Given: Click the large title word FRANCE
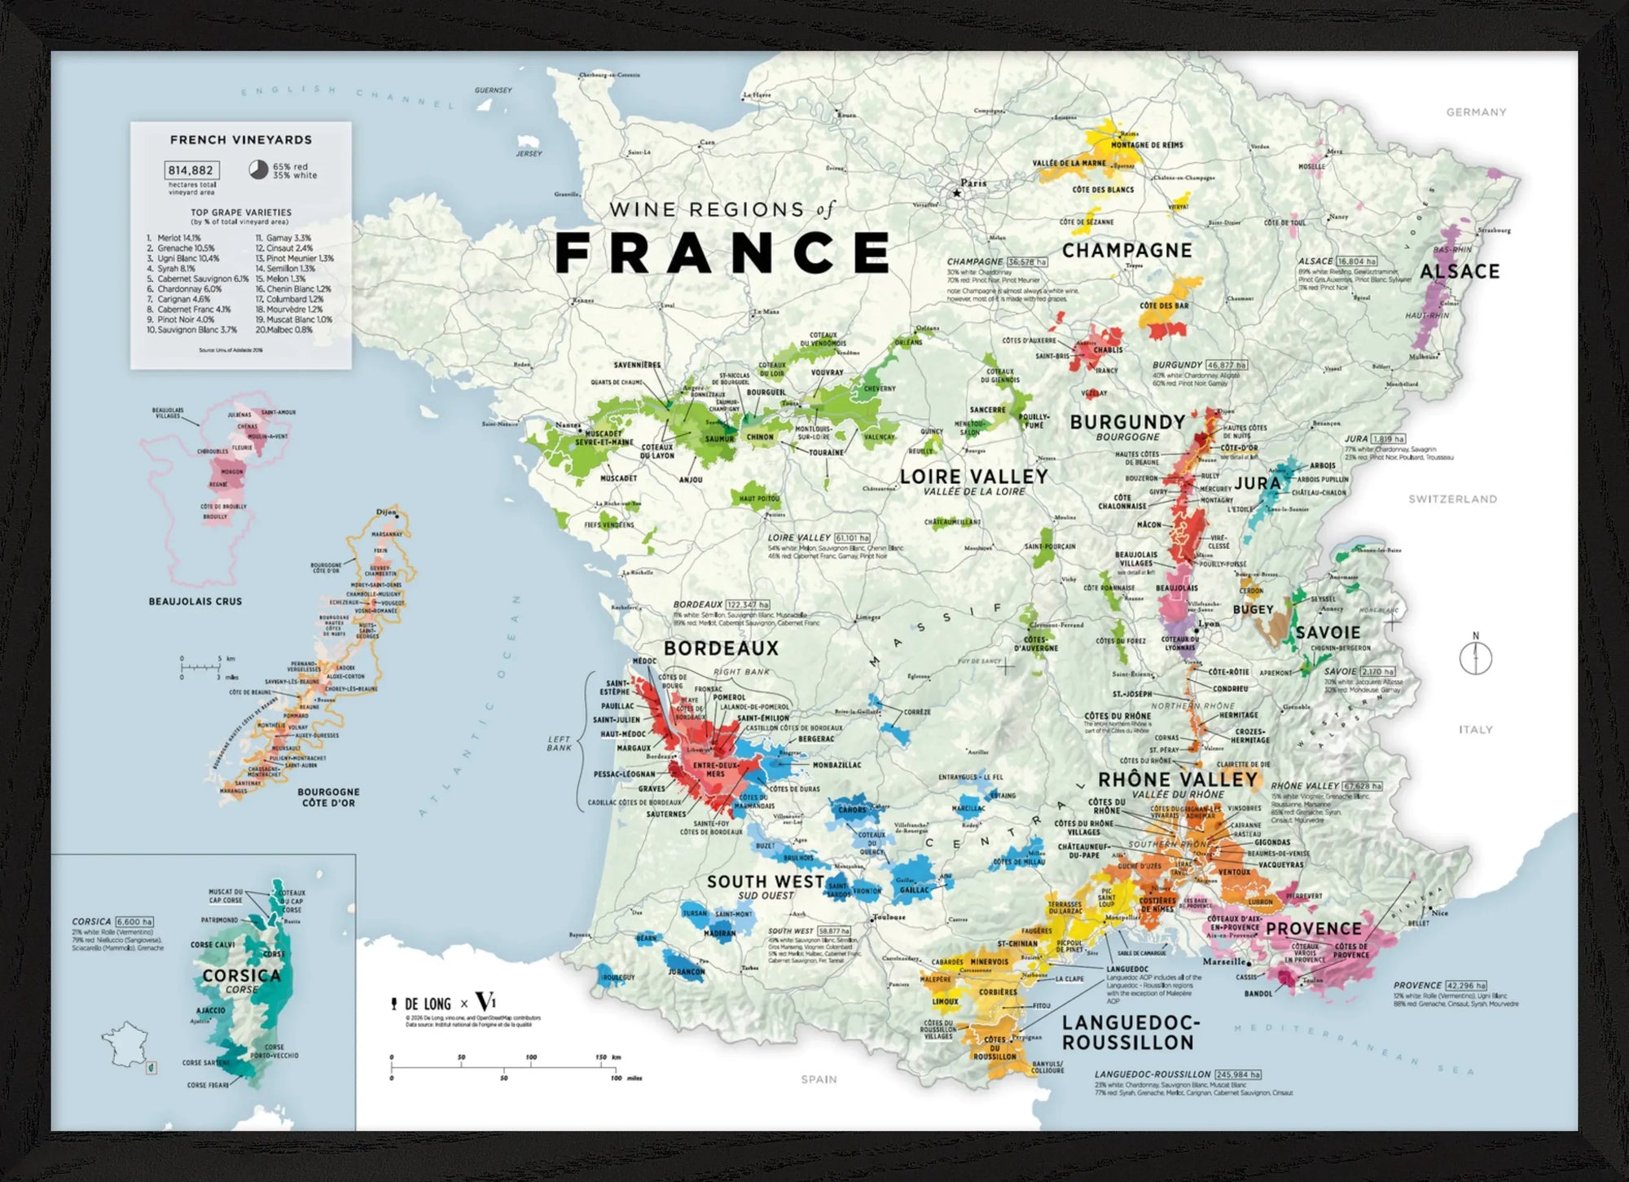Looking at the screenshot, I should [722, 253].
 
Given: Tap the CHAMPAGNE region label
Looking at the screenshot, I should [1126, 251].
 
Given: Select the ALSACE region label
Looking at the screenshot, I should [1460, 271].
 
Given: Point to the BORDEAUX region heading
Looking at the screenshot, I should [721, 648].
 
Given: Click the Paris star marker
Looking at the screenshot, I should [957, 193].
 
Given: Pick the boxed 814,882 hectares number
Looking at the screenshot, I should [191, 170].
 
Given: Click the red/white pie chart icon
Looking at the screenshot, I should [258, 170].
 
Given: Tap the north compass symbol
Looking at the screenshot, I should [1475, 657].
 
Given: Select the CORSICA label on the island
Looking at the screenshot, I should [241, 975].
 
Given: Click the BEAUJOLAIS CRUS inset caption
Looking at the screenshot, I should [195, 601].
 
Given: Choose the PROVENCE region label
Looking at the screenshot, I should [1313, 929].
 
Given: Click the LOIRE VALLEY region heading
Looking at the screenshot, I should [973, 476].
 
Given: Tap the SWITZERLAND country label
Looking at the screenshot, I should [1452, 499].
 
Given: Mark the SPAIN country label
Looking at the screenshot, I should [819, 1079].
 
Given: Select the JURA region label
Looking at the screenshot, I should [1257, 483].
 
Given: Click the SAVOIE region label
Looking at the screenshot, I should [1328, 632].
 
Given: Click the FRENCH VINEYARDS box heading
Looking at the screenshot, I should [240, 140].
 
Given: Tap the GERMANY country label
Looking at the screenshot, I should [1476, 112].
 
